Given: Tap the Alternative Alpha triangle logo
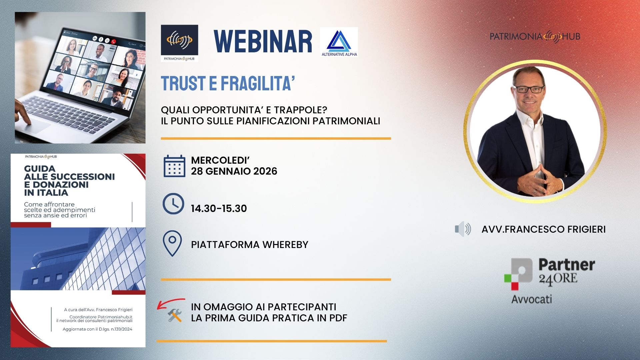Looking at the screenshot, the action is [339, 42].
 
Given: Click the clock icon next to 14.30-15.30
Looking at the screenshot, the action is [173, 203].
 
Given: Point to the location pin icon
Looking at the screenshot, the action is [172, 243].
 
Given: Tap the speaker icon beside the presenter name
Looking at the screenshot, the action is [463, 229].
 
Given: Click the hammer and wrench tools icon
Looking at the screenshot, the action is [175, 315].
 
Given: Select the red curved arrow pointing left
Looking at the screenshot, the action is [171, 303].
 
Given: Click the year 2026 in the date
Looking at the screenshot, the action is [265, 171].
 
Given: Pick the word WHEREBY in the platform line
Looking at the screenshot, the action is [285, 245].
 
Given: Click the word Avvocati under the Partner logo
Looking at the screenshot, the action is [532, 299].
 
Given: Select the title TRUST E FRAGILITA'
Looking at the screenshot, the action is [228, 83].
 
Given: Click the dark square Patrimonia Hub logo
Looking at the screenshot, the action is [180, 43].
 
